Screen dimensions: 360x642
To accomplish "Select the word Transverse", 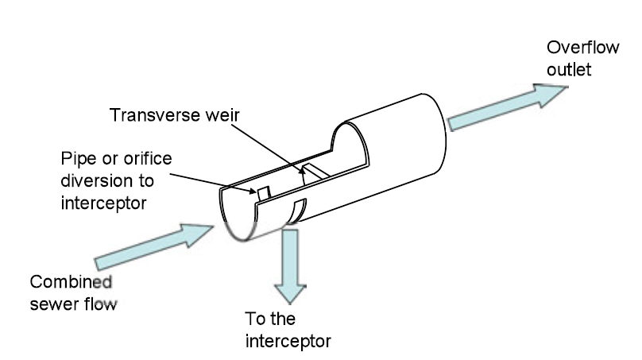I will coord(149,116).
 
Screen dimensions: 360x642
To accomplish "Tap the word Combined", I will coord(70,281).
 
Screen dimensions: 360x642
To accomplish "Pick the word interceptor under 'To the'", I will coord(287,342).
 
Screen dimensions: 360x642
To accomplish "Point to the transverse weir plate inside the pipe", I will coord(313,170).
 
